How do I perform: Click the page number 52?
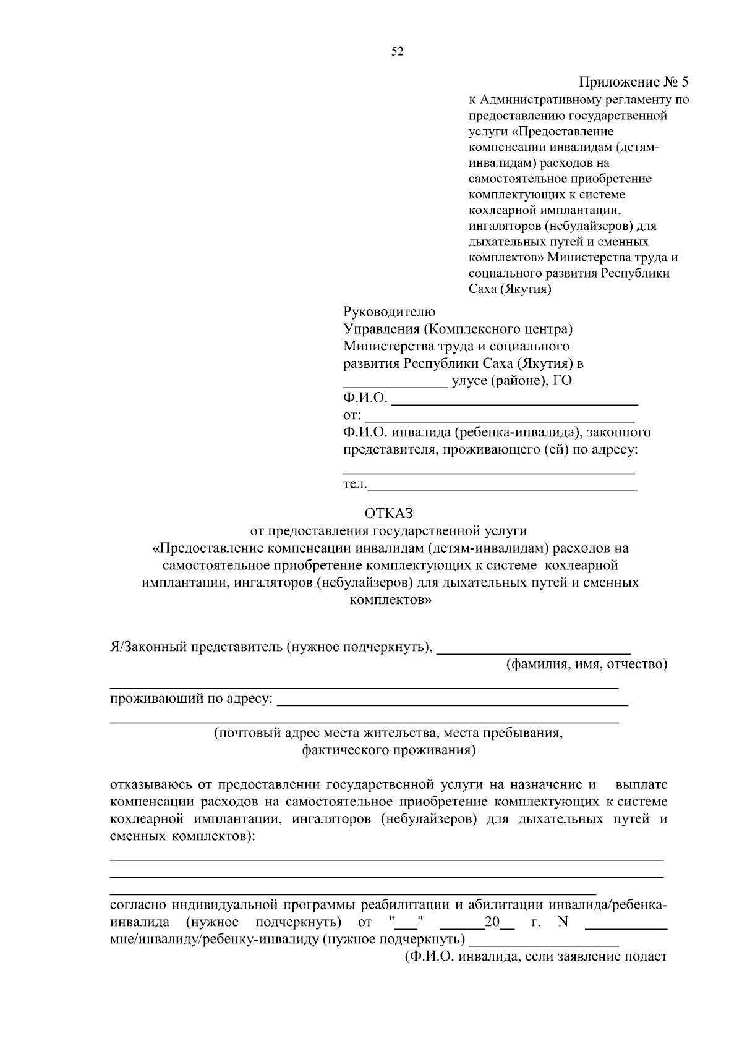(x=398, y=53)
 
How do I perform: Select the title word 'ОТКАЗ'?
(x=388, y=513)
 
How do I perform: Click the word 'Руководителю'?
(x=390, y=312)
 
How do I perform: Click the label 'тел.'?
(x=355, y=484)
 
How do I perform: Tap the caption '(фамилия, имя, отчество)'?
(x=587, y=665)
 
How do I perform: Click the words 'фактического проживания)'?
(x=388, y=751)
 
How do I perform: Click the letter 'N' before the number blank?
(x=563, y=923)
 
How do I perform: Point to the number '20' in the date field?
(x=492, y=923)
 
